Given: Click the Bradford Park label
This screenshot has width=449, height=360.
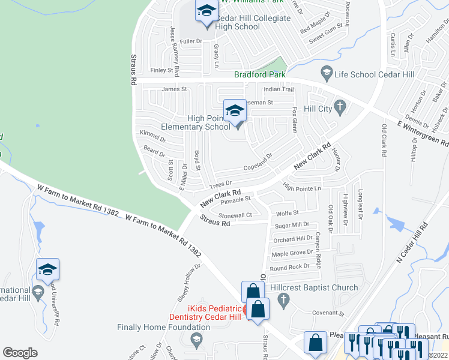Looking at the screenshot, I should pos(259,75).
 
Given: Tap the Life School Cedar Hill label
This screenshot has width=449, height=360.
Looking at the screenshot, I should pos(375,74).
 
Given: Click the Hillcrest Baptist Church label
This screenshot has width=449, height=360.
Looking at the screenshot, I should pos(314,288).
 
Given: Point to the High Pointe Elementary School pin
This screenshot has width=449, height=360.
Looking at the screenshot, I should pos(235,112).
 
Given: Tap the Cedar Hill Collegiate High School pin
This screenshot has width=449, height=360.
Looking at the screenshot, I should pos(206,11).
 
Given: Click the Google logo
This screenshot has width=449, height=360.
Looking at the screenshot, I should pos(20,353).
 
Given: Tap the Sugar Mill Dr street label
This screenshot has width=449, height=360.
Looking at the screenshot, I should pos(291,226).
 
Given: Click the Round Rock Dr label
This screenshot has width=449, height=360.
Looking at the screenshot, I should pos(289,267).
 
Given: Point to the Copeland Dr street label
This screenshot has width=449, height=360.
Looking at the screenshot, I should pos(258,158).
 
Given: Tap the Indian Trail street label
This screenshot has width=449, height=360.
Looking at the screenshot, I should pos(279,89).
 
